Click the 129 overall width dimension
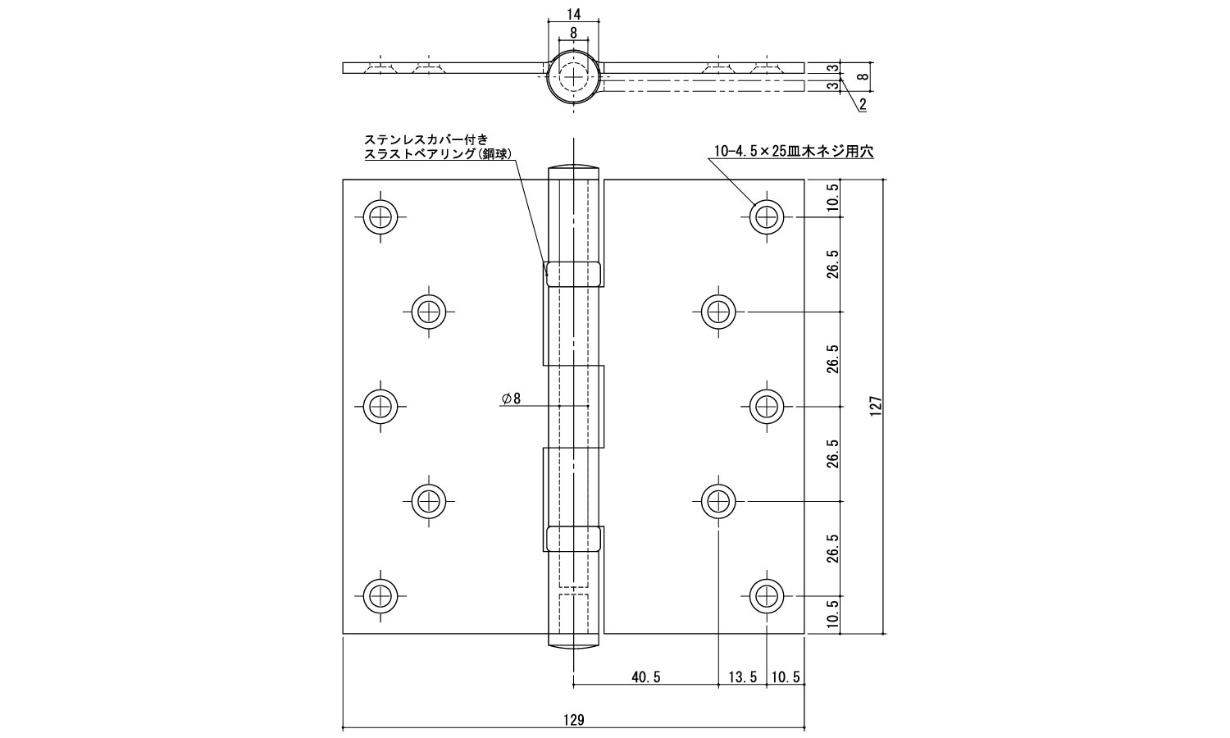[x=573, y=720]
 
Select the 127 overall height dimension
[x=876, y=407]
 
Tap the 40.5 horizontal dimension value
[x=646, y=677]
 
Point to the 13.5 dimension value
[x=742, y=677]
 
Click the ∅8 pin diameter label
[x=511, y=398]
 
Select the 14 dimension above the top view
[x=573, y=14]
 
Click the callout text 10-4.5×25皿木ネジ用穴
[x=794, y=151]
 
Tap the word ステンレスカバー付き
[x=426, y=139]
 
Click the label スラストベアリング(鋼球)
[x=438, y=154]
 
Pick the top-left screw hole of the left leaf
[x=380, y=217]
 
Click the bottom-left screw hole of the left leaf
[x=380, y=596]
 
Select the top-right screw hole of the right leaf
[x=767, y=217]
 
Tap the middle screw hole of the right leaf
[x=767, y=407]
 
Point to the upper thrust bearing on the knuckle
[x=573, y=274]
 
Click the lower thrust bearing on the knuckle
[x=573, y=539]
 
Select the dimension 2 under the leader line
[x=863, y=104]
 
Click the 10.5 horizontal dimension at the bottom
[x=786, y=677]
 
